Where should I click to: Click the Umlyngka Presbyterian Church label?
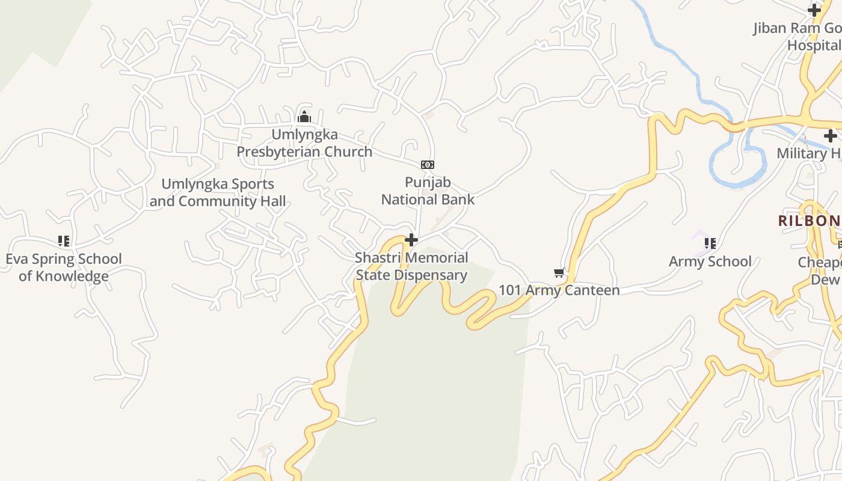304,143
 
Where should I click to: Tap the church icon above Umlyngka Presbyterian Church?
304,117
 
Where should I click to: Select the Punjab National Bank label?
428,191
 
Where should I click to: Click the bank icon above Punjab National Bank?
428,164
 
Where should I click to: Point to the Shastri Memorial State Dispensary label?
411,266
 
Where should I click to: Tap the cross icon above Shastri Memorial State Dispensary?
411,240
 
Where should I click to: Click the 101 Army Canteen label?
559,290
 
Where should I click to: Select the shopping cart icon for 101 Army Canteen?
559,273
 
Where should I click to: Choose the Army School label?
710,262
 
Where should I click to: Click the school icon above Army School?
710,244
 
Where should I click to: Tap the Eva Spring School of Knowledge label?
64,268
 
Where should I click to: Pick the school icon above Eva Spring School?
64,241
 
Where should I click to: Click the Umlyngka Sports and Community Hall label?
218,192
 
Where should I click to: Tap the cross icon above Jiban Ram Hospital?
814,10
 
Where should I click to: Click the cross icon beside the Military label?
831,136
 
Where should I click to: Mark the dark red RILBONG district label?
810,221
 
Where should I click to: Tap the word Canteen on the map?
589,290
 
